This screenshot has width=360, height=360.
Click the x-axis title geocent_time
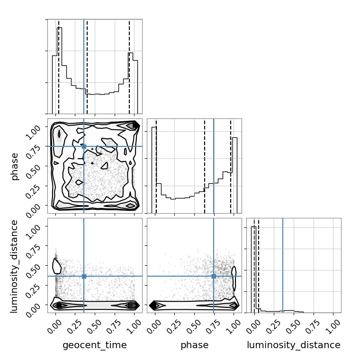[x=95, y=345]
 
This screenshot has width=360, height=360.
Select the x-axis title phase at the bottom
[x=195, y=345]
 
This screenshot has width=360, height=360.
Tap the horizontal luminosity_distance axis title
[x=294, y=345]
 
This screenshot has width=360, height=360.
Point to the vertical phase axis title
[x=14, y=166]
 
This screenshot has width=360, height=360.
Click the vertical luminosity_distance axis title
[x=14, y=266]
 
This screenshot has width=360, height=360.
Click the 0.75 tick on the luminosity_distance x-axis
[x=314, y=326]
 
